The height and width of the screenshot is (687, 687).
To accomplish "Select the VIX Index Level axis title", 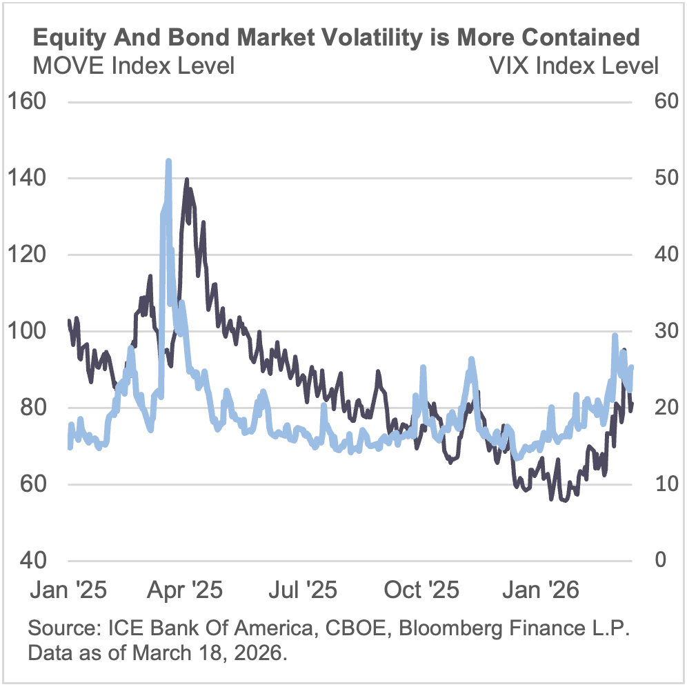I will [x=573, y=66].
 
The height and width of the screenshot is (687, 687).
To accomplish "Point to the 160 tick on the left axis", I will [x=26, y=101].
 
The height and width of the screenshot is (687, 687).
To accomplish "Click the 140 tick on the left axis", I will [x=26, y=178].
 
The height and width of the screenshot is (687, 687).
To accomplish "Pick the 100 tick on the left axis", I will [x=26, y=331].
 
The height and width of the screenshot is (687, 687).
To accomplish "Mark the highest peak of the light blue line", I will [x=168, y=161].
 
